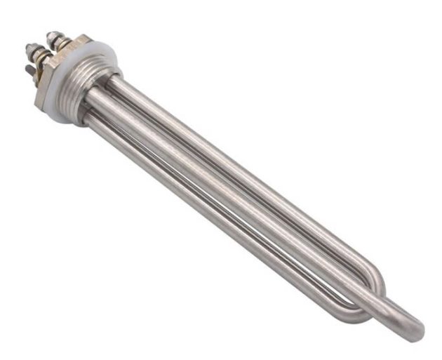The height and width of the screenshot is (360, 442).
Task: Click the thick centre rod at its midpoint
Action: [253, 211]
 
